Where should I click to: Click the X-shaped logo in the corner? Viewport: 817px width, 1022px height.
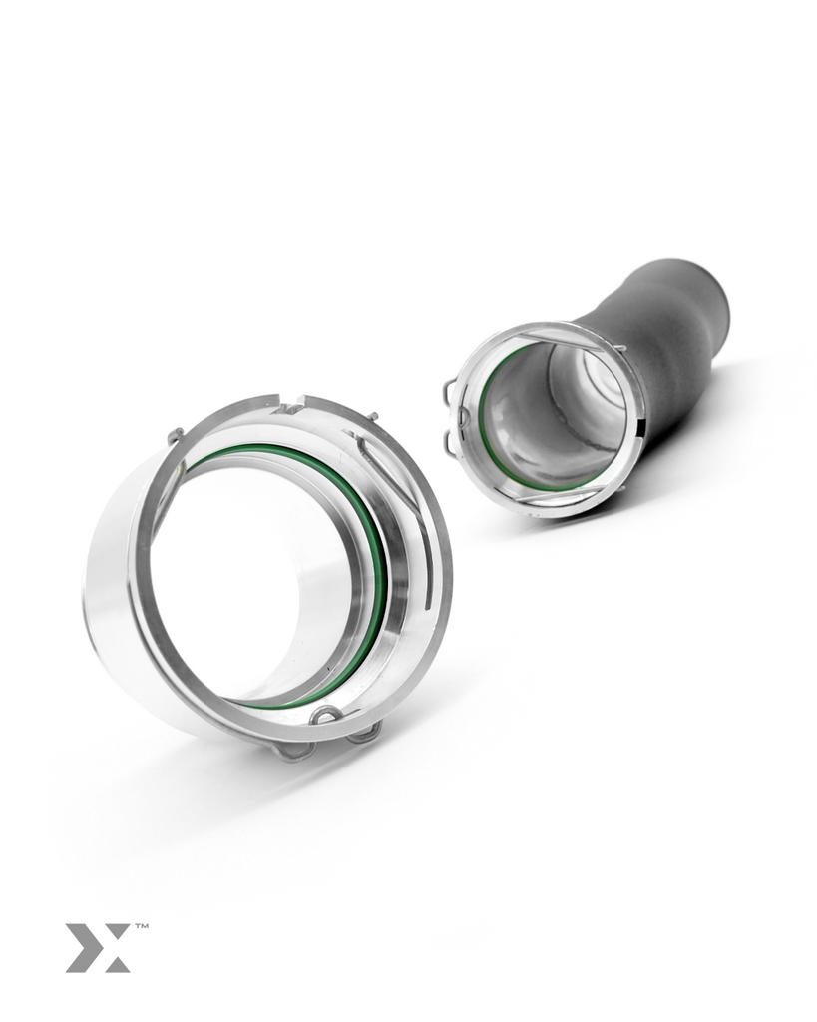point(98,948)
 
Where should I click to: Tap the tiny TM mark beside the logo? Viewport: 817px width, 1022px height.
point(141,926)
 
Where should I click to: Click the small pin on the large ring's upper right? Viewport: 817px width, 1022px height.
point(373,415)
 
